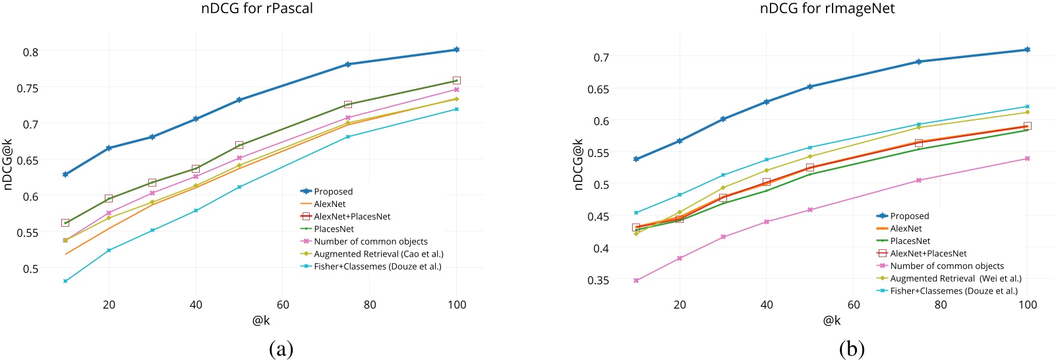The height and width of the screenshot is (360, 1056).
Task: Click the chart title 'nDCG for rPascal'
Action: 256,9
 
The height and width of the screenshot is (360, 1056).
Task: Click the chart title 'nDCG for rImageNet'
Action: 827,9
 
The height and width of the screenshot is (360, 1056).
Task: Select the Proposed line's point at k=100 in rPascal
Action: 456,49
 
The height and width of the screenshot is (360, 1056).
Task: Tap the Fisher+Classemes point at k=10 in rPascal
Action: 65,281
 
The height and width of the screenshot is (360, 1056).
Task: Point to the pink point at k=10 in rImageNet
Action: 636,280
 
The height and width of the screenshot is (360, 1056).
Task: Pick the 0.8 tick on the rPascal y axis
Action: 31,52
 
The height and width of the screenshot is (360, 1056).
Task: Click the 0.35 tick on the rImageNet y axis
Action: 598,280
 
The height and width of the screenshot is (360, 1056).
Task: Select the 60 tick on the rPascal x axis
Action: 283,305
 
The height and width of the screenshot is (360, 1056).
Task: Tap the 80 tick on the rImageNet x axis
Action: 941,305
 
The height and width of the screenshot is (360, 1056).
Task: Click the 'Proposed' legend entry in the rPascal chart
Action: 333,191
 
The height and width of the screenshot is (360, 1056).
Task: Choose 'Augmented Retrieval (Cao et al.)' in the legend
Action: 378,254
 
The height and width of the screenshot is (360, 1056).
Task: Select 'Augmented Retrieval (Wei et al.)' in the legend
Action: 955,278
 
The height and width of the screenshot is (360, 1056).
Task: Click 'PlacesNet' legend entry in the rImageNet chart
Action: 910,241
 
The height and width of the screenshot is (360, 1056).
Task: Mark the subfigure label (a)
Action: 281,348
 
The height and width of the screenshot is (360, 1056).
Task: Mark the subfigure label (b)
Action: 852,348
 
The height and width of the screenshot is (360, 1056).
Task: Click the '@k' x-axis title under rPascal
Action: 261,320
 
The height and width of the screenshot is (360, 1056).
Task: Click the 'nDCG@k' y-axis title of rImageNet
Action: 578,164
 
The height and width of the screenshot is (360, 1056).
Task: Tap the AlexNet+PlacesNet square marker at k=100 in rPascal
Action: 456,80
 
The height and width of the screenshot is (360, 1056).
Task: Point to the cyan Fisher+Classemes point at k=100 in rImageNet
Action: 1027,106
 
